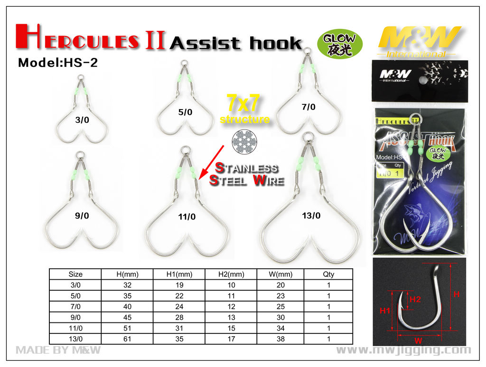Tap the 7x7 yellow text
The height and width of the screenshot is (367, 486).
pyautogui.click(x=243, y=104)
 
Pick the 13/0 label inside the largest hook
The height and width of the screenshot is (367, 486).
pyautogui.click(x=311, y=216)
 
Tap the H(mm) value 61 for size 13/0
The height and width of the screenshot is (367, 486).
pyautogui.click(x=127, y=339)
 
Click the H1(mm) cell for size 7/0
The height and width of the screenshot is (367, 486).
pyautogui.click(x=179, y=306)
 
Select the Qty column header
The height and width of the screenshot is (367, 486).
pyautogui.click(x=328, y=274)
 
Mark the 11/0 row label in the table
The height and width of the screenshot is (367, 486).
pyautogui.click(x=75, y=328)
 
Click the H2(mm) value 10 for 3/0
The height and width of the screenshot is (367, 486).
pyautogui.click(x=231, y=285)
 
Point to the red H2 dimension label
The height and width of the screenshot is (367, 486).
pyautogui.click(x=415, y=299)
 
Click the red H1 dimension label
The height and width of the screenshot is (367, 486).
pyautogui.click(x=384, y=311)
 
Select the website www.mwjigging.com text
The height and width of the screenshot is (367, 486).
pyautogui.click(x=403, y=350)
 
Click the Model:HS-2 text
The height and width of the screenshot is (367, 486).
pyautogui.click(x=57, y=63)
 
